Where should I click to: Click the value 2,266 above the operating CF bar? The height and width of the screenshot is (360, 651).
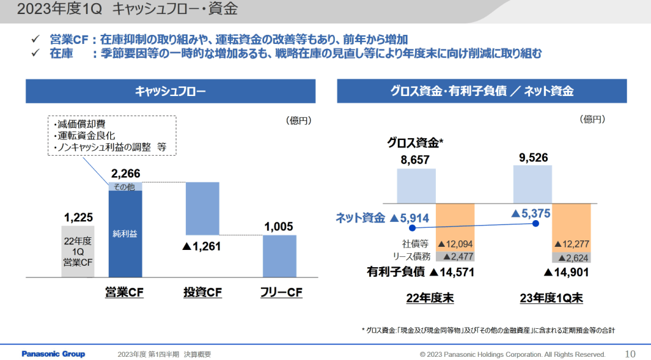[x=125, y=174]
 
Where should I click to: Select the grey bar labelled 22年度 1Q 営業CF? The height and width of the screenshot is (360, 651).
[x=78, y=251]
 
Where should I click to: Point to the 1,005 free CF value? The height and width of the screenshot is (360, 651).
[x=279, y=226]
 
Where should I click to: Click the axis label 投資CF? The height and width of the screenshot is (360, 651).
[x=202, y=293]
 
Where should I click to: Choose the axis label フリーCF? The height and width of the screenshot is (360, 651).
[x=281, y=293]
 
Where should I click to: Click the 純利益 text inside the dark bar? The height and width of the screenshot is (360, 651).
[x=125, y=233]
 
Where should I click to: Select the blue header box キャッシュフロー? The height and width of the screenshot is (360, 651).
[x=171, y=91]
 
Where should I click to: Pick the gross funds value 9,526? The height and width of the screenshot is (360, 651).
[x=533, y=158]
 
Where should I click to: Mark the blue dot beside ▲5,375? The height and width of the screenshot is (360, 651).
[x=536, y=223]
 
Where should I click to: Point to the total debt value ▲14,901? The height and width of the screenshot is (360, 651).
[x=567, y=272]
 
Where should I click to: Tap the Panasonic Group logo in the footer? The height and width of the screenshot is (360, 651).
[x=53, y=354]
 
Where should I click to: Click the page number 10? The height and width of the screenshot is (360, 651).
[x=631, y=354]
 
